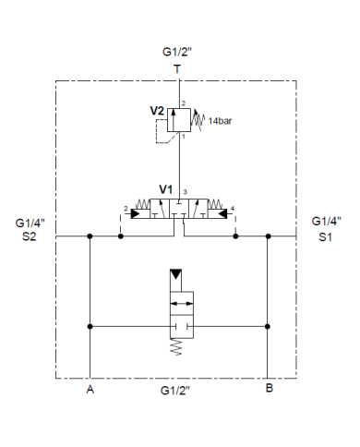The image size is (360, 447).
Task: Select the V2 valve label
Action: point(157,110)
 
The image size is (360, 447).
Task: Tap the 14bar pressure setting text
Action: point(221,121)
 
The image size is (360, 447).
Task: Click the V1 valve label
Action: point(166,190)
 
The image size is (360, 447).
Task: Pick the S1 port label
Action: point(326,236)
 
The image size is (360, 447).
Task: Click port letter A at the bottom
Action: point(90,389)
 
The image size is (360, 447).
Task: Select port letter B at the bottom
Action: point(269,389)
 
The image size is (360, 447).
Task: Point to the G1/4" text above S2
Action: point(30,222)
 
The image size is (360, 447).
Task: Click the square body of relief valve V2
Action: point(179,119)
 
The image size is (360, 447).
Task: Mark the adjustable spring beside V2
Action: point(200,118)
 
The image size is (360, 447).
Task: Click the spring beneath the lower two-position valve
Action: point(179,346)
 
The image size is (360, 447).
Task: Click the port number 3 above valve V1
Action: point(186,190)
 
